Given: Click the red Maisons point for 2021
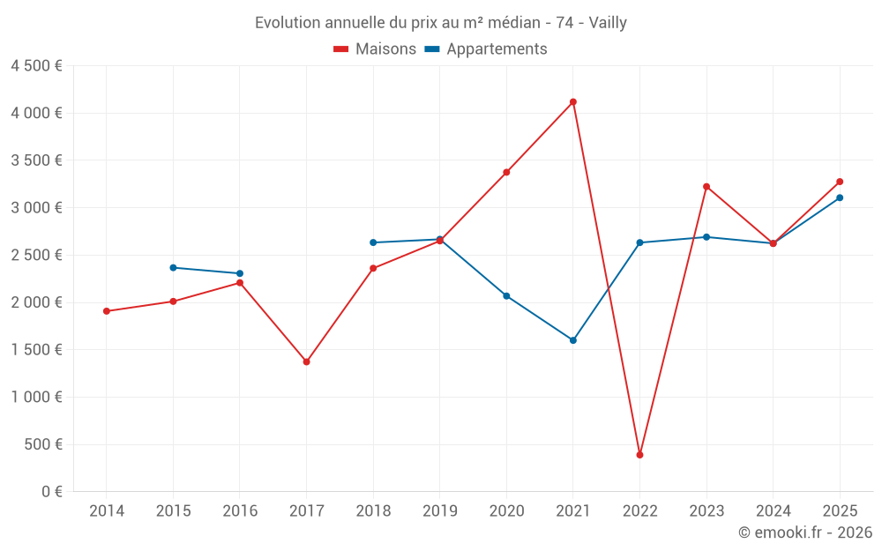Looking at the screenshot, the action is click(x=573, y=101).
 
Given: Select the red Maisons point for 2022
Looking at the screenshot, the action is click(x=639, y=455).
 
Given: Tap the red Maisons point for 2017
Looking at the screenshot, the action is click(x=307, y=361).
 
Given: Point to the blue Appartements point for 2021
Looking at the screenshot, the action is click(x=573, y=340).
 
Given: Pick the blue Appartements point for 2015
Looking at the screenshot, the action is click(x=173, y=268).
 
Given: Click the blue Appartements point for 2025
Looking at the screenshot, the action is click(x=840, y=197).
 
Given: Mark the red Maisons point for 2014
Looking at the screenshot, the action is click(x=107, y=311).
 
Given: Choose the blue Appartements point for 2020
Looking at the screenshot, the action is click(x=506, y=295).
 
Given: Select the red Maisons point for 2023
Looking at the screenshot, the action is click(x=706, y=187).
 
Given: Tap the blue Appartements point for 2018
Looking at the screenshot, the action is click(x=373, y=242).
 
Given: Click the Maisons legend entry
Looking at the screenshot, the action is click(x=375, y=48).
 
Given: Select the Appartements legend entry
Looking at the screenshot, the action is click(x=486, y=48).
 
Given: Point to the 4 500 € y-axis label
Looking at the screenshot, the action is click(x=36, y=66).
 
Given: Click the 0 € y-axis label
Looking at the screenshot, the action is click(x=52, y=491).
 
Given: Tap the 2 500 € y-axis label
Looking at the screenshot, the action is click(x=36, y=255).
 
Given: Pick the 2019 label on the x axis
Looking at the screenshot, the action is click(x=440, y=510).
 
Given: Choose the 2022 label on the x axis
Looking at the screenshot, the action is click(x=640, y=510).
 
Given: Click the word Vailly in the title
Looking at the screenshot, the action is click(x=608, y=23).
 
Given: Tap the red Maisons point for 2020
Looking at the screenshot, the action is click(x=506, y=172).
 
